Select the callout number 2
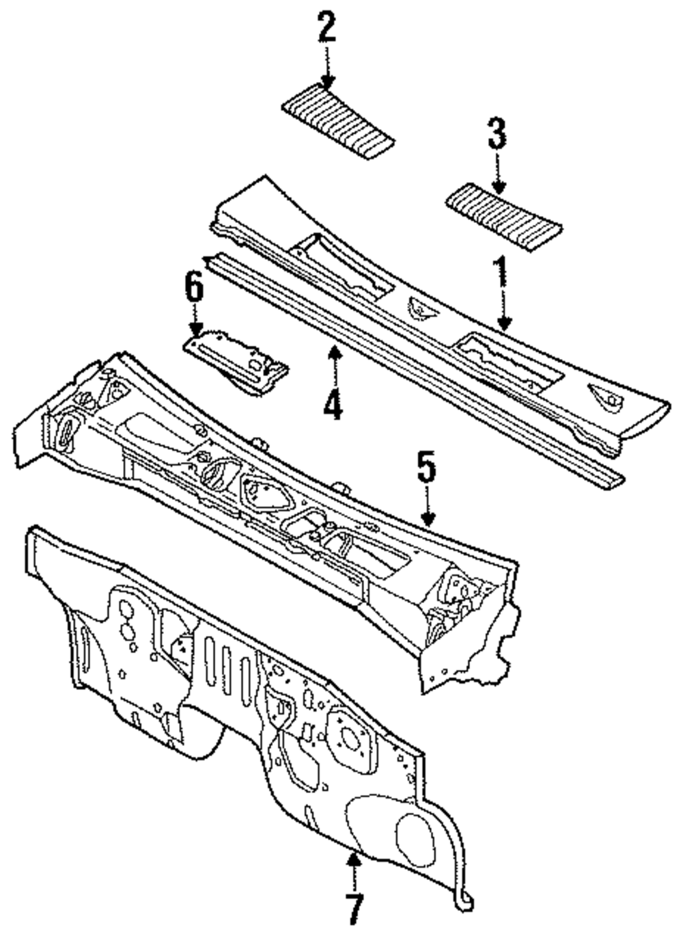click(x=326, y=29)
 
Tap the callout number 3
click(x=497, y=133)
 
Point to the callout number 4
click(x=333, y=401)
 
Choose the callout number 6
click(x=194, y=289)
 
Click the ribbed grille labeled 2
click(x=338, y=122)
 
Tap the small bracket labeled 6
click(x=236, y=362)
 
